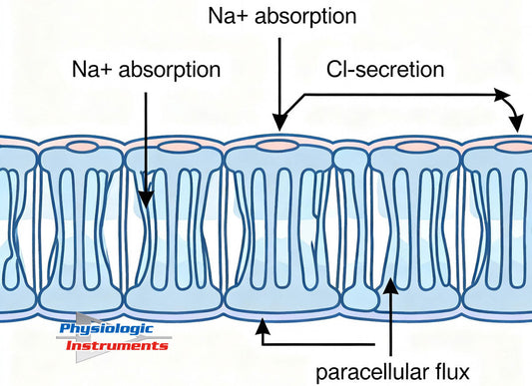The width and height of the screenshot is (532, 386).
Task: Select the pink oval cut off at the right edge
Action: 516,146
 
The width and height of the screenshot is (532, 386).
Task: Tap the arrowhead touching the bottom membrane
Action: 262,321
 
